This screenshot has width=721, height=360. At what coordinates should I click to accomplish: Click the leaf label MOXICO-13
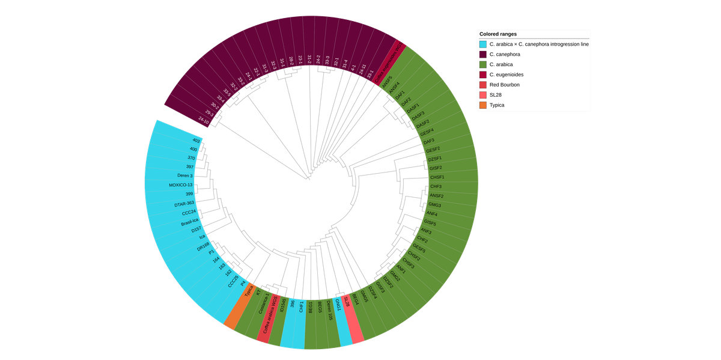coord(180,185)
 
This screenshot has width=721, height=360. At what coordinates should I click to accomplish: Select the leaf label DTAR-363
coord(184,204)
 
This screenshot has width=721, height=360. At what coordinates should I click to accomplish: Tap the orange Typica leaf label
coord(249,291)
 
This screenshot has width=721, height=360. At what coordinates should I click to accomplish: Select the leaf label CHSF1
coord(437,177)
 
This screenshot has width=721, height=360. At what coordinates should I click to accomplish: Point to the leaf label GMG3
coord(435,205)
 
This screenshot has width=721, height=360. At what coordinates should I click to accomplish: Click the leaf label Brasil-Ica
coord(189,222)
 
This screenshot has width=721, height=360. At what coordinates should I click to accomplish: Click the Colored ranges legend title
coord(498,34)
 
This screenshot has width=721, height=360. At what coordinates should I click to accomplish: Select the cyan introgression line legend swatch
coord(482,44)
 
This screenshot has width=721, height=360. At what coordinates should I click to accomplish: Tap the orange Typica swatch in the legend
coord(482,105)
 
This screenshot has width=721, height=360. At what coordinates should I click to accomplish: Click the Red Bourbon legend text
coord(504,85)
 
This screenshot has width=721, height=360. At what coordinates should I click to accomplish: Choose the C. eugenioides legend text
coord(508,75)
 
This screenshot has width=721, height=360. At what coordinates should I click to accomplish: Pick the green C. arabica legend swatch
coord(482,65)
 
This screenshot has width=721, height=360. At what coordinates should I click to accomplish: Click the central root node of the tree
coord(309,178)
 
